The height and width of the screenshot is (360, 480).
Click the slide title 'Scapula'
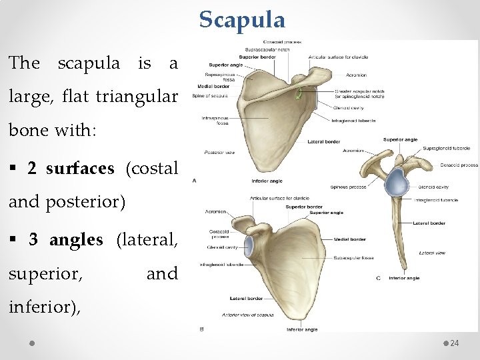(x=242, y=19)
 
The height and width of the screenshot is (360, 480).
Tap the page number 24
(x=455, y=343)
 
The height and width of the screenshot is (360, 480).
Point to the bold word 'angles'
(x=77, y=239)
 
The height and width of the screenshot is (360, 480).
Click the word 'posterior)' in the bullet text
(x=85, y=201)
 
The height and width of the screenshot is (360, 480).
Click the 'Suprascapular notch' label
(x=269, y=49)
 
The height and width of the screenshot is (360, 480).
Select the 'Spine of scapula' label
(x=210, y=96)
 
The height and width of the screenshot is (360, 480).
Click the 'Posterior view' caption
(x=219, y=152)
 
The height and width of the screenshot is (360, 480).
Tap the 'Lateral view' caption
(x=433, y=253)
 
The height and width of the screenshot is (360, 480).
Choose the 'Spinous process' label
(x=348, y=187)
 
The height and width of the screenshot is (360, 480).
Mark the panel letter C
(x=379, y=278)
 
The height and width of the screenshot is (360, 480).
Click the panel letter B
(x=202, y=329)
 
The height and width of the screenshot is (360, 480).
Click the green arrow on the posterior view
(x=301, y=94)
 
